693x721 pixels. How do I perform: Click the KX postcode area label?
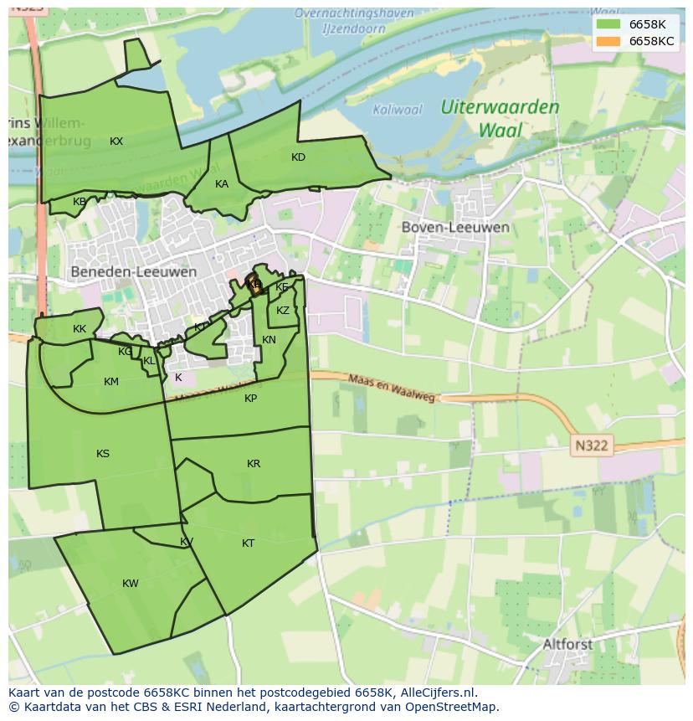point(116,142)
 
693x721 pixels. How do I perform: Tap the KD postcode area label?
point(298,157)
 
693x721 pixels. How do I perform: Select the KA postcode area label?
point(221,184)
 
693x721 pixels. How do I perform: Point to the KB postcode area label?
point(80,202)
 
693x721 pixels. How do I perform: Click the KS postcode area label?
point(103,454)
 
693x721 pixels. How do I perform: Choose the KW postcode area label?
point(131,584)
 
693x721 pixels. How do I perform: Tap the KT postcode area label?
point(248,543)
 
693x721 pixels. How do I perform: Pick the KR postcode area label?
point(254,464)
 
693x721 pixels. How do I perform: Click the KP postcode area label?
point(251,399)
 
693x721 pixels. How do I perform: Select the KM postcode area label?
point(111,382)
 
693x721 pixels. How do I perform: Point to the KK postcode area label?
point(80,329)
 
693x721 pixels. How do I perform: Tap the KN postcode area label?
point(269,340)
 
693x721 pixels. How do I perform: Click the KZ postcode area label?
point(283,311)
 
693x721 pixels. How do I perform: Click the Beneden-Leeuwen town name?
point(134,272)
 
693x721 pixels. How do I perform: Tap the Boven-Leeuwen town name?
point(455,227)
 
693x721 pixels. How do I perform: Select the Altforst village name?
point(567,645)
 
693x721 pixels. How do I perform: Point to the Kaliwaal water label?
point(398,110)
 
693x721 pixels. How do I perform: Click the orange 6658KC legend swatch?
point(609,41)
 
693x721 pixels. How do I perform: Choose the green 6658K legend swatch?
point(609,24)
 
